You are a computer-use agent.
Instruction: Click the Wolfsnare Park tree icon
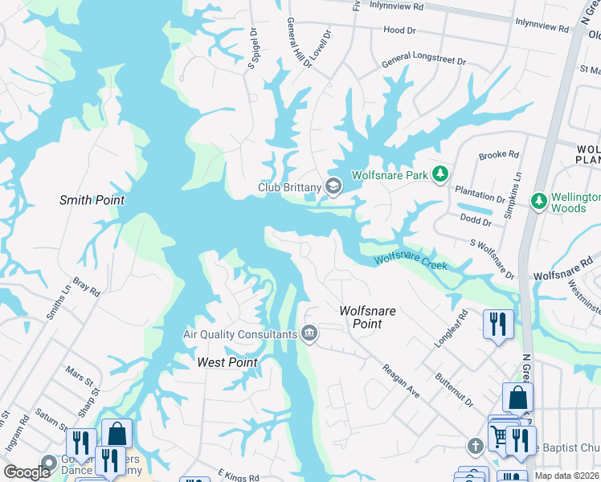click(x=440, y=174)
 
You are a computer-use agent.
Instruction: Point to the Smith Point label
click(x=87, y=200)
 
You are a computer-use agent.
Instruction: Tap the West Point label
click(x=227, y=362)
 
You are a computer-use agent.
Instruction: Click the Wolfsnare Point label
click(x=371, y=317)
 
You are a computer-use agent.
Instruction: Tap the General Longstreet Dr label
click(x=423, y=59)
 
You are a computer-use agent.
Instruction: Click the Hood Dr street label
click(x=399, y=29)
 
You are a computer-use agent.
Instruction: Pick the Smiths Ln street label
click(x=55, y=302)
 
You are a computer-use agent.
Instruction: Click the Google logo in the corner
click(x=27, y=472)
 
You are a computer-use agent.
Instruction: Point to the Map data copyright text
click(x=566, y=476)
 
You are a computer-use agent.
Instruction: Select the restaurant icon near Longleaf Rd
click(x=498, y=324)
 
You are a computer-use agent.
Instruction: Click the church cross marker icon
click(x=475, y=444)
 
